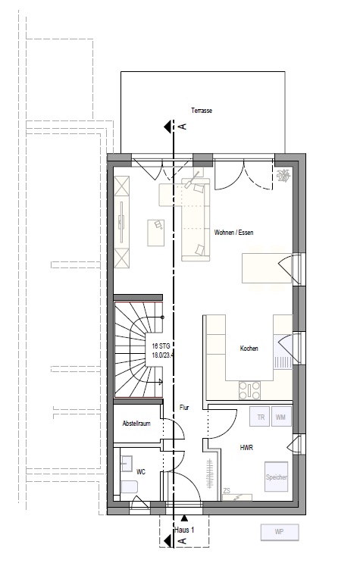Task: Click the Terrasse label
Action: pyautogui.click(x=202, y=111)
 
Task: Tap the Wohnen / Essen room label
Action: pyautogui.click(x=233, y=233)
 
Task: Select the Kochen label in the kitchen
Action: pyautogui.click(x=249, y=349)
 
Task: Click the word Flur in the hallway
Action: pyautogui.click(x=184, y=408)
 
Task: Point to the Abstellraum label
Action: pyautogui.click(x=136, y=424)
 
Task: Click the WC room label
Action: pyautogui.click(x=141, y=472)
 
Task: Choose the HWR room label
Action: pyautogui.click(x=246, y=448)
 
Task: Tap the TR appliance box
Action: pyautogui.click(x=260, y=417)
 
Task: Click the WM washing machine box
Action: pyautogui.click(x=281, y=417)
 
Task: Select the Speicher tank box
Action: pyautogui.click(x=277, y=477)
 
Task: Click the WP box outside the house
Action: pyautogui.click(x=280, y=532)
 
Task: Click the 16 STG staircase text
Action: pyautogui.click(x=161, y=346)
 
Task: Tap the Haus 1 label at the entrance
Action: pyautogui.click(x=184, y=530)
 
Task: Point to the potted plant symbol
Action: pyautogui.click(x=283, y=176)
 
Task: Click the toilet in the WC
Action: pyautogui.click(x=129, y=487)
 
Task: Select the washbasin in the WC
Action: pyautogui.click(x=127, y=464)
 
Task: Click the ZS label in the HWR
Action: pyautogui.click(x=227, y=491)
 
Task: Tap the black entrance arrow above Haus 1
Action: pyautogui.click(x=184, y=518)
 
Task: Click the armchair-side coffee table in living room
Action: pyautogui.click(x=155, y=233)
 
